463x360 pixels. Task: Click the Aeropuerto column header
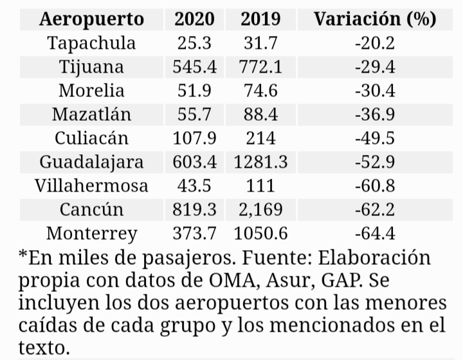(x=92, y=19)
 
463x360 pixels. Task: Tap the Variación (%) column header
(x=375, y=19)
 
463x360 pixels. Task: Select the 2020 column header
(x=195, y=19)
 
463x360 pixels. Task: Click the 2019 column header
(x=260, y=19)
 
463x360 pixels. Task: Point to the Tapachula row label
(x=92, y=43)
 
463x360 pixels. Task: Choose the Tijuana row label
(x=92, y=67)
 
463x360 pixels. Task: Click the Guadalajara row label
(x=92, y=162)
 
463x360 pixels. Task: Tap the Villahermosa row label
(x=92, y=186)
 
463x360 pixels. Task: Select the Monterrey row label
(x=92, y=233)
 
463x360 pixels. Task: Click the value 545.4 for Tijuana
(x=195, y=67)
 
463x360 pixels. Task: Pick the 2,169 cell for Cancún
(x=260, y=210)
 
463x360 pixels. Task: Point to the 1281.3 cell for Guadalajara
(x=260, y=162)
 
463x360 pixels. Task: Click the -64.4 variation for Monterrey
(x=374, y=233)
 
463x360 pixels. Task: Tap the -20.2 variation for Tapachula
(x=374, y=43)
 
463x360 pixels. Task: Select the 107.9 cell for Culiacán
(x=195, y=138)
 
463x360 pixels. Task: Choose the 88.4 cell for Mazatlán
(x=260, y=114)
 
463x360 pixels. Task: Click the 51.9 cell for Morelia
(x=195, y=91)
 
